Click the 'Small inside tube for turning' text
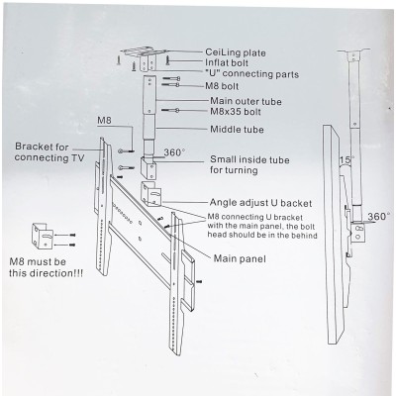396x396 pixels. pos(247,164)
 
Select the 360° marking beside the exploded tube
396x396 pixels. pos(174,152)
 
